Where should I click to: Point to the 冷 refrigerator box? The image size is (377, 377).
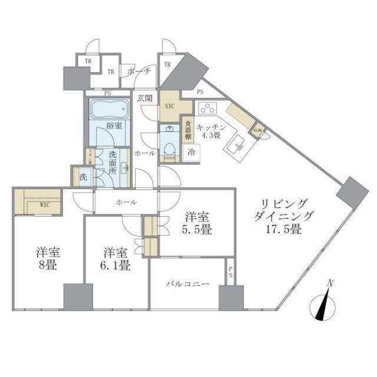[191, 151]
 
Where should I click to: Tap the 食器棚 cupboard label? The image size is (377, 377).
[188, 130]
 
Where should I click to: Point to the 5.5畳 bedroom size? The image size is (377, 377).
[197, 229]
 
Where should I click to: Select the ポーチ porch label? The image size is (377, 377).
[140, 71]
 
